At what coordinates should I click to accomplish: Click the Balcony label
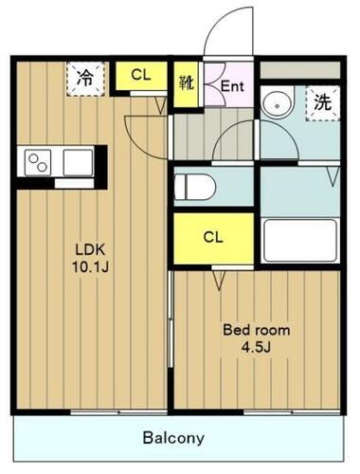[x=173, y=438]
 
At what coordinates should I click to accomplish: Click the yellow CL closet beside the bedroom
[x=212, y=237]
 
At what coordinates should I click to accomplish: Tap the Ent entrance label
[x=232, y=84]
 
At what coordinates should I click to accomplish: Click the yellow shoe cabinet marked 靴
[x=186, y=82]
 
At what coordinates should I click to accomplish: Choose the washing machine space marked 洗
[x=322, y=101]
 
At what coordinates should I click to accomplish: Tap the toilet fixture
[x=193, y=186]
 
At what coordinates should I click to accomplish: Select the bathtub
[x=299, y=240]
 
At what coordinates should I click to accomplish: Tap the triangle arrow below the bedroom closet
[x=218, y=279]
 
